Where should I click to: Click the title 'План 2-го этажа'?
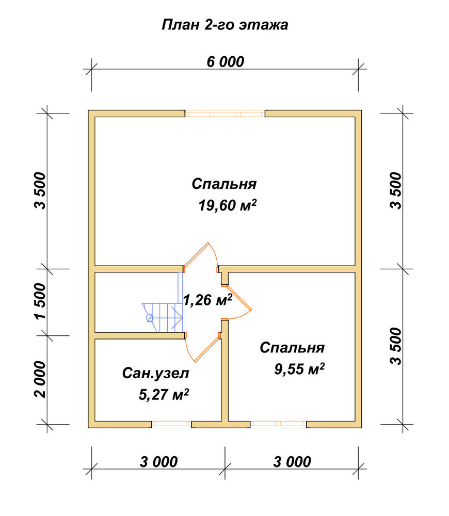[225, 25]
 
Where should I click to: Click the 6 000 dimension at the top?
[226, 62]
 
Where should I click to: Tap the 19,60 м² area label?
[228, 205]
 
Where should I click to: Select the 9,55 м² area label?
[299, 369]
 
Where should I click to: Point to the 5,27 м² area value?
[164, 395]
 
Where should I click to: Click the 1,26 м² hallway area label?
[207, 300]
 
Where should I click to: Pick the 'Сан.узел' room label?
[156, 374]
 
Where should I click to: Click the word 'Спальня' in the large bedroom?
[224, 184]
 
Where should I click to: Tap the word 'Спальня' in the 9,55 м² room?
[292, 348]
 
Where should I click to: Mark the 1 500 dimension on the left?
[40, 301]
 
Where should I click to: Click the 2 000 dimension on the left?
[40, 379]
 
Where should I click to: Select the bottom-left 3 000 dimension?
[158, 462]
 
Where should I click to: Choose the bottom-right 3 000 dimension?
[292, 462]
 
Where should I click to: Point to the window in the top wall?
[225, 114]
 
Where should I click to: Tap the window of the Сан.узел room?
[171, 425]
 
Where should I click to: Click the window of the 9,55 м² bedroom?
[278, 425]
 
